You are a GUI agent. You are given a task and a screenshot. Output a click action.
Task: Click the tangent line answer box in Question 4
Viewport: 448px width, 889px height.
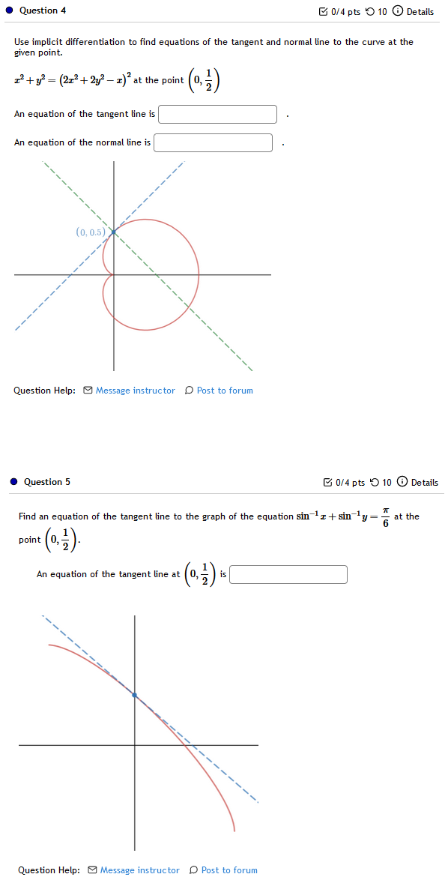coord(217,114)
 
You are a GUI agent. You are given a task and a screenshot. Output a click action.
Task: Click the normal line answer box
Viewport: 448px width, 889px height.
coord(213,142)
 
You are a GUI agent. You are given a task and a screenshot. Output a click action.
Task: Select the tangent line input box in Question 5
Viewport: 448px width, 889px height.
coord(288,574)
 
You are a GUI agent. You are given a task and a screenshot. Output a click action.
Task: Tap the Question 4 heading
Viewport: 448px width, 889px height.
coord(43,10)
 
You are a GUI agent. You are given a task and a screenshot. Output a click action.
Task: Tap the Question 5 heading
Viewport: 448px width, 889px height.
coord(47,482)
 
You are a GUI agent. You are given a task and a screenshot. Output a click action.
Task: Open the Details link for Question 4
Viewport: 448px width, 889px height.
coord(420,12)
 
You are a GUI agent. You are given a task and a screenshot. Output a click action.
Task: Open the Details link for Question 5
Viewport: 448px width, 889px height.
coord(424,483)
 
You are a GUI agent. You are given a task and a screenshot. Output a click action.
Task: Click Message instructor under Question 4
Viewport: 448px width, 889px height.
coord(135,391)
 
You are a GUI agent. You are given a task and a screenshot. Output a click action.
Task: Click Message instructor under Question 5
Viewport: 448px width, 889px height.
coord(139,870)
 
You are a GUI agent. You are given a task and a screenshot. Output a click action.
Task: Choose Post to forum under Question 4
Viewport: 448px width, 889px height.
coord(224,391)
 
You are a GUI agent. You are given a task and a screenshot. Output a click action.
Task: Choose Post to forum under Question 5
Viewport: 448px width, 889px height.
coord(228,870)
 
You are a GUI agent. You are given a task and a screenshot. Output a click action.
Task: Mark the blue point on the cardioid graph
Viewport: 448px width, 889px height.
coord(113,232)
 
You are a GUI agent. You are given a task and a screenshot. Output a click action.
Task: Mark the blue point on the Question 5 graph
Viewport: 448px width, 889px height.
coord(135,696)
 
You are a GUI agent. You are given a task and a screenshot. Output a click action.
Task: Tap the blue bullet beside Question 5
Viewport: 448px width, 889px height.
coord(13,482)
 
